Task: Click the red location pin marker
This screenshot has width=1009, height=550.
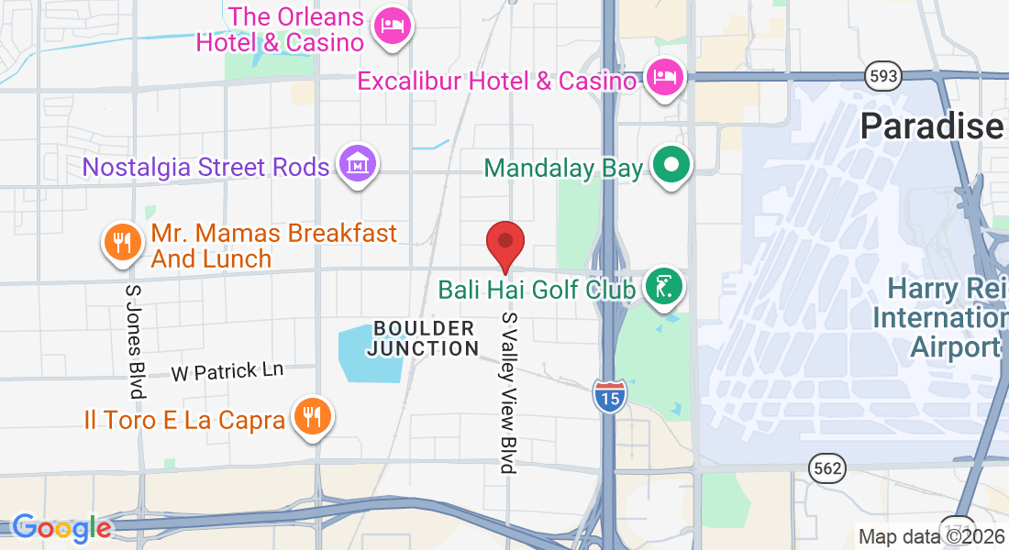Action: pyautogui.click(x=504, y=244)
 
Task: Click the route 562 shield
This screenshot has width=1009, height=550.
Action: pyautogui.click(x=826, y=468)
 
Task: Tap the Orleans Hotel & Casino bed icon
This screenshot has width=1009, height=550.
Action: pyautogui.click(x=393, y=26)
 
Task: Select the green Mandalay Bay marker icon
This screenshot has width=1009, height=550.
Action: pyautogui.click(x=671, y=167)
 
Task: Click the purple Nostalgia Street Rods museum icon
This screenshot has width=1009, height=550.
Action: pyautogui.click(x=356, y=165)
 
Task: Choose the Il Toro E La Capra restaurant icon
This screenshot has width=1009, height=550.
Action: pyautogui.click(x=313, y=417)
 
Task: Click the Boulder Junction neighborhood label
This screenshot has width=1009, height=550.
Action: pyautogui.click(x=424, y=338)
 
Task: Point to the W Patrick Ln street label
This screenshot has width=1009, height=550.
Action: pyautogui.click(x=227, y=371)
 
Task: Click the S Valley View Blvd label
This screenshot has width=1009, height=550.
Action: pyautogui.click(x=509, y=392)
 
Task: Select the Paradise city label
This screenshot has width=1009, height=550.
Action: pyautogui.click(x=932, y=126)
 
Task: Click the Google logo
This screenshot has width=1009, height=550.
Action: pyautogui.click(x=61, y=528)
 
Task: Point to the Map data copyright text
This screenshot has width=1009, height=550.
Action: pyautogui.click(x=931, y=536)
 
